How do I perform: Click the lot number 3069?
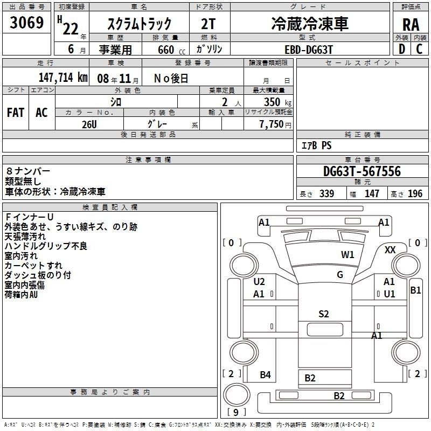26,22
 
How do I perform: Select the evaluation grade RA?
411,25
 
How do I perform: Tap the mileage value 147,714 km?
63,78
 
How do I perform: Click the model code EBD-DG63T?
309,50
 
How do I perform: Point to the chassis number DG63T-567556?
362,171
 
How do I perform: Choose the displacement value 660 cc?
171,50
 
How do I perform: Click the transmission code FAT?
16,113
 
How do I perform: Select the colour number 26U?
89,124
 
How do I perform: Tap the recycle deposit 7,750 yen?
275,124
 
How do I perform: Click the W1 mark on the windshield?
347,255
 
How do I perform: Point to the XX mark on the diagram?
390,250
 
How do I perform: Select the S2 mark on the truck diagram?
324,314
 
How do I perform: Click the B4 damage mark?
265,374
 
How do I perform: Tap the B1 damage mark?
415,290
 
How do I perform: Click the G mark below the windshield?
340,275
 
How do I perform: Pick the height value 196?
415,193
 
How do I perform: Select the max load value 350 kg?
277,102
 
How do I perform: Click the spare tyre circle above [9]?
237,395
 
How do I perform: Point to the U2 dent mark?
259,282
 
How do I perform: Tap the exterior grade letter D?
402,49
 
